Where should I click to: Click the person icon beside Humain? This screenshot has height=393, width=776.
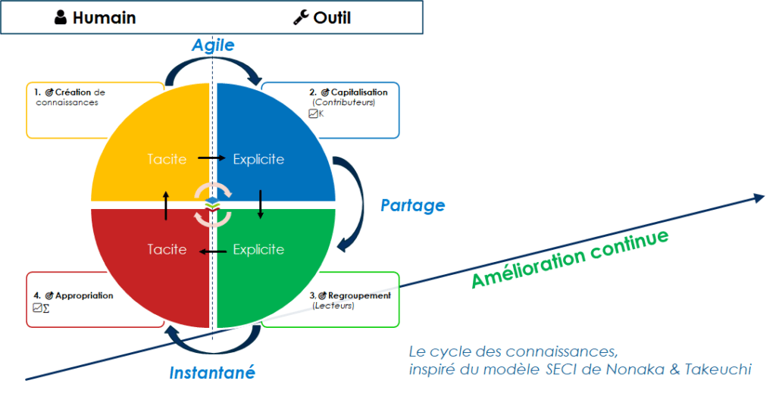click(61, 17)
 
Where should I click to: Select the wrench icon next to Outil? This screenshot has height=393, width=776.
click(300, 17)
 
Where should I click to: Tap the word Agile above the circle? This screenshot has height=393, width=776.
click(212, 45)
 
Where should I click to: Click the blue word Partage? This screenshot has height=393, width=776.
click(412, 205)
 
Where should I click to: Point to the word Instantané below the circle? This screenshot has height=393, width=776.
click(212, 373)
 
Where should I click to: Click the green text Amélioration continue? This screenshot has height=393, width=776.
click(570, 259)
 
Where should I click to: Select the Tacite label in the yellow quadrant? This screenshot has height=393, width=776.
click(167, 159)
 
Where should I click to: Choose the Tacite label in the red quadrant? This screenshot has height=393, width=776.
click(167, 249)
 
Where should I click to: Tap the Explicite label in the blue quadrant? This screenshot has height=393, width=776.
click(258, 159)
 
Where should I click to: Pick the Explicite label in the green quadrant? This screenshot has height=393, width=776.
click(258, 249)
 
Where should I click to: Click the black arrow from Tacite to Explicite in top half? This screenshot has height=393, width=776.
click(212, 158)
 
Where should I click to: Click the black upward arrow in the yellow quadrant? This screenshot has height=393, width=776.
click(166, 204)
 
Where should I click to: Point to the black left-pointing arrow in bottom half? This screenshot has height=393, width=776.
click(212, 251)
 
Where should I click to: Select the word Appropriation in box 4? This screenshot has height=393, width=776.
click(83, 295)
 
